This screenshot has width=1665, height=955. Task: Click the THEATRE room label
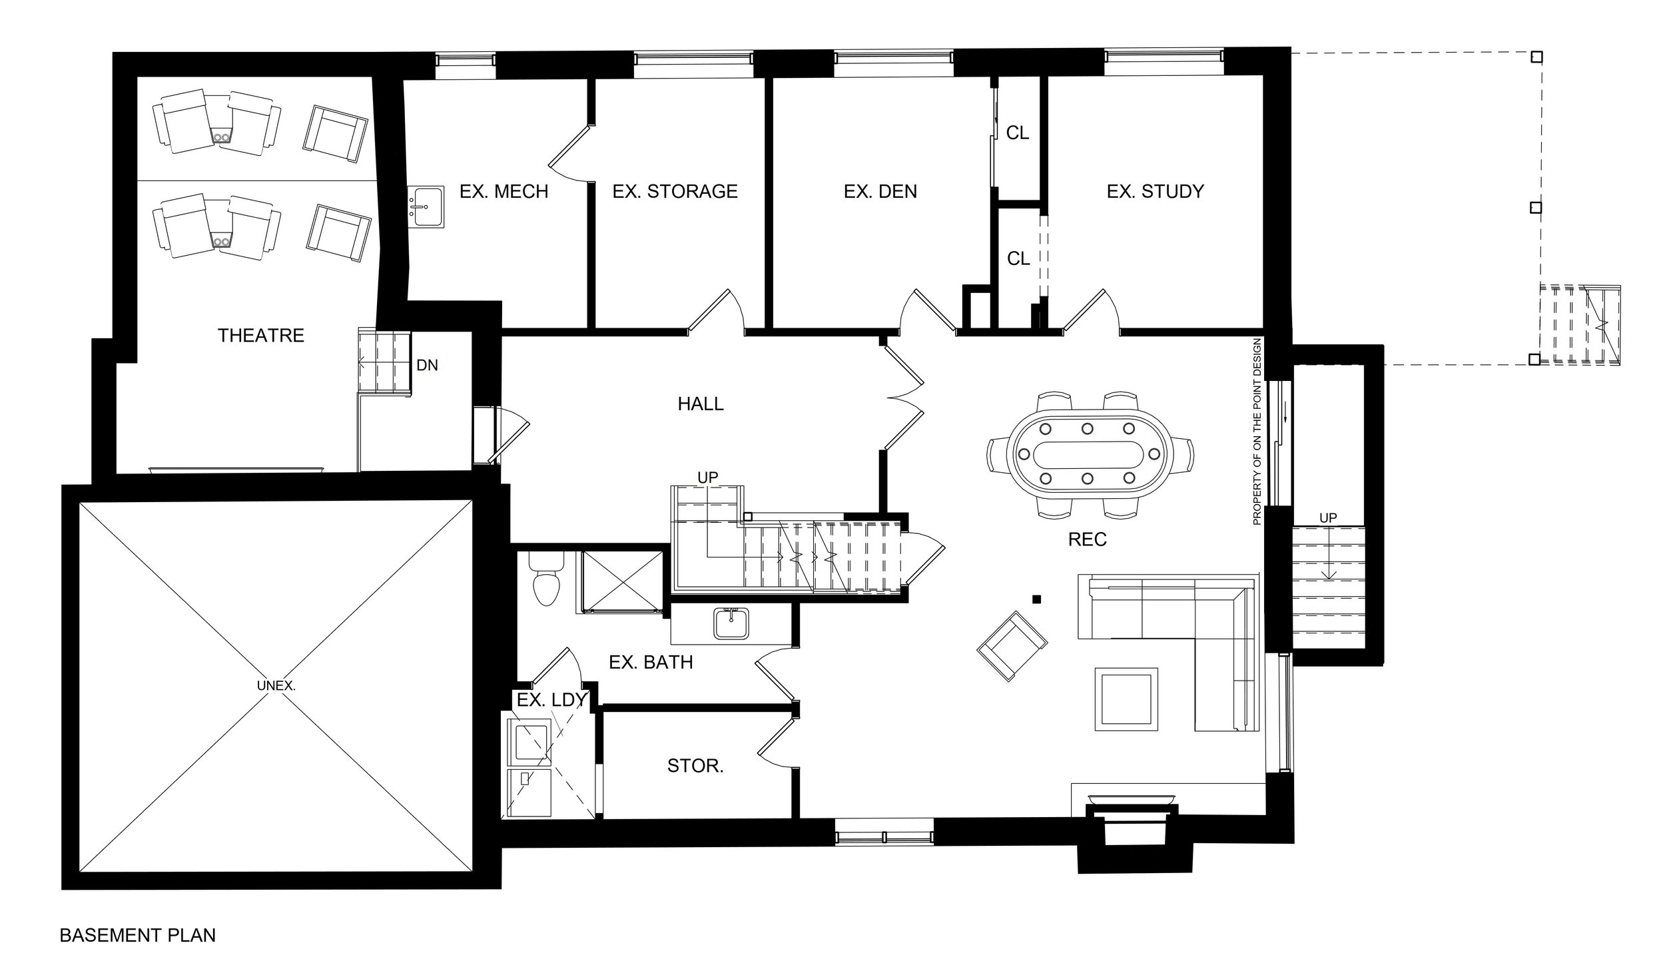point(260,336)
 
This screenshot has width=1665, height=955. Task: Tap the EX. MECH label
point(503,192)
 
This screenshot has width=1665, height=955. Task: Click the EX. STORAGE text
point(675,192)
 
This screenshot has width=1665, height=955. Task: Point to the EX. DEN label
point(880,192)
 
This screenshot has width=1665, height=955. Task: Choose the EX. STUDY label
point(1155,192)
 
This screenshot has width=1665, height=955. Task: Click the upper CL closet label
point(1017,133)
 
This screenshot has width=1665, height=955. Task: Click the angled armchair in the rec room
point(1012,646)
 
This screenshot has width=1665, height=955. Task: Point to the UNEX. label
point(276,685)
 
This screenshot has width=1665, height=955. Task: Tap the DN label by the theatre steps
point(427,366)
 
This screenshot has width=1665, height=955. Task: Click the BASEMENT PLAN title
point(138,936)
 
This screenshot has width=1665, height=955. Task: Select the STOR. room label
point(695,767)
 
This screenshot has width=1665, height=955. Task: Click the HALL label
point(700,404)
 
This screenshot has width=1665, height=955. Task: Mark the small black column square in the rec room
point(1036,599)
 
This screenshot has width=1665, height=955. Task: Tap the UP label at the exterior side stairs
point(1327,518)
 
